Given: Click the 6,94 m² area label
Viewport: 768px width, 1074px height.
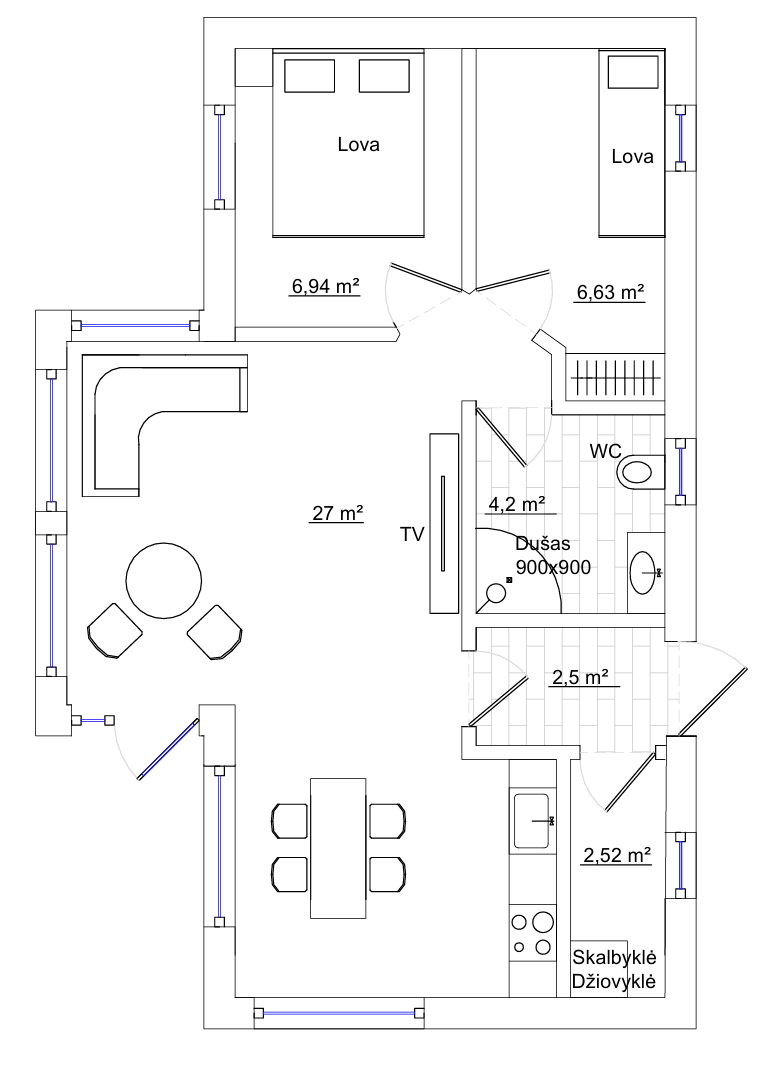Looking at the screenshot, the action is click(326, 286).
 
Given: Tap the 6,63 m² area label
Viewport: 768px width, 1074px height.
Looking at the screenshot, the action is click(611, 292).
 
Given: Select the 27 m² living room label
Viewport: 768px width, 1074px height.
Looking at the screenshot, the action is click(337, 513).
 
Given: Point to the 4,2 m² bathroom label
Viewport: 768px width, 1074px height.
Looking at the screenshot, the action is click(517, 505).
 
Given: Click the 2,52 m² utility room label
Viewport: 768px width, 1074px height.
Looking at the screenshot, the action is click(617, 855).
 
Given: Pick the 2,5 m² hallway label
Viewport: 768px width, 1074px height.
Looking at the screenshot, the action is click(581, 677).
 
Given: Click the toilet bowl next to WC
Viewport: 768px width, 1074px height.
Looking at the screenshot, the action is click(641, 473).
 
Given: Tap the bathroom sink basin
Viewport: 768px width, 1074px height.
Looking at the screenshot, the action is click(645, 573).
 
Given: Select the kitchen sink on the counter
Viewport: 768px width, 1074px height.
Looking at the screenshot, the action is click(532, 820).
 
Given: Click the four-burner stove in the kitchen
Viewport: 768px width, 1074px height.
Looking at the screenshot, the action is click(532, 933).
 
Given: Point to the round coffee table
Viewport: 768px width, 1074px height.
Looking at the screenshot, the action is click(164, 579).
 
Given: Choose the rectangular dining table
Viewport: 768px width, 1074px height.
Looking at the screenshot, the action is click(338, 847).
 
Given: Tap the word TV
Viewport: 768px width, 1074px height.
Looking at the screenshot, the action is click(412, 534).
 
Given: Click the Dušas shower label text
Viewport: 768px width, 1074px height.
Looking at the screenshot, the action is click(543, 545).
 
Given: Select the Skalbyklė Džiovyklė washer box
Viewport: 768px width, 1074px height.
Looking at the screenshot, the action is click(599, 969).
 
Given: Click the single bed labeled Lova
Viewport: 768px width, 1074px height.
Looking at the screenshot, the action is click(632, 143).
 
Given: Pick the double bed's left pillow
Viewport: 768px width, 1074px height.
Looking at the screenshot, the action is click(310, 75).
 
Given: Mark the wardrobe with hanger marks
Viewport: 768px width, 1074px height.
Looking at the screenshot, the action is click(615, 377).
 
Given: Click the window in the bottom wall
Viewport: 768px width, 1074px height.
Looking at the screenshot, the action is click(339, 1013).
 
